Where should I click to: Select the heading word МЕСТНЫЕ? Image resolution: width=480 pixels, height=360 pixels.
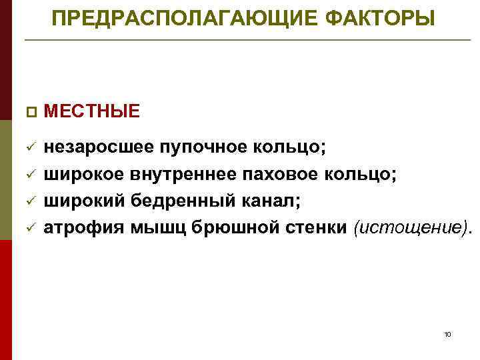(92, 111)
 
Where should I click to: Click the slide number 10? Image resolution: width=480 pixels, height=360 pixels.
(447, 333)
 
